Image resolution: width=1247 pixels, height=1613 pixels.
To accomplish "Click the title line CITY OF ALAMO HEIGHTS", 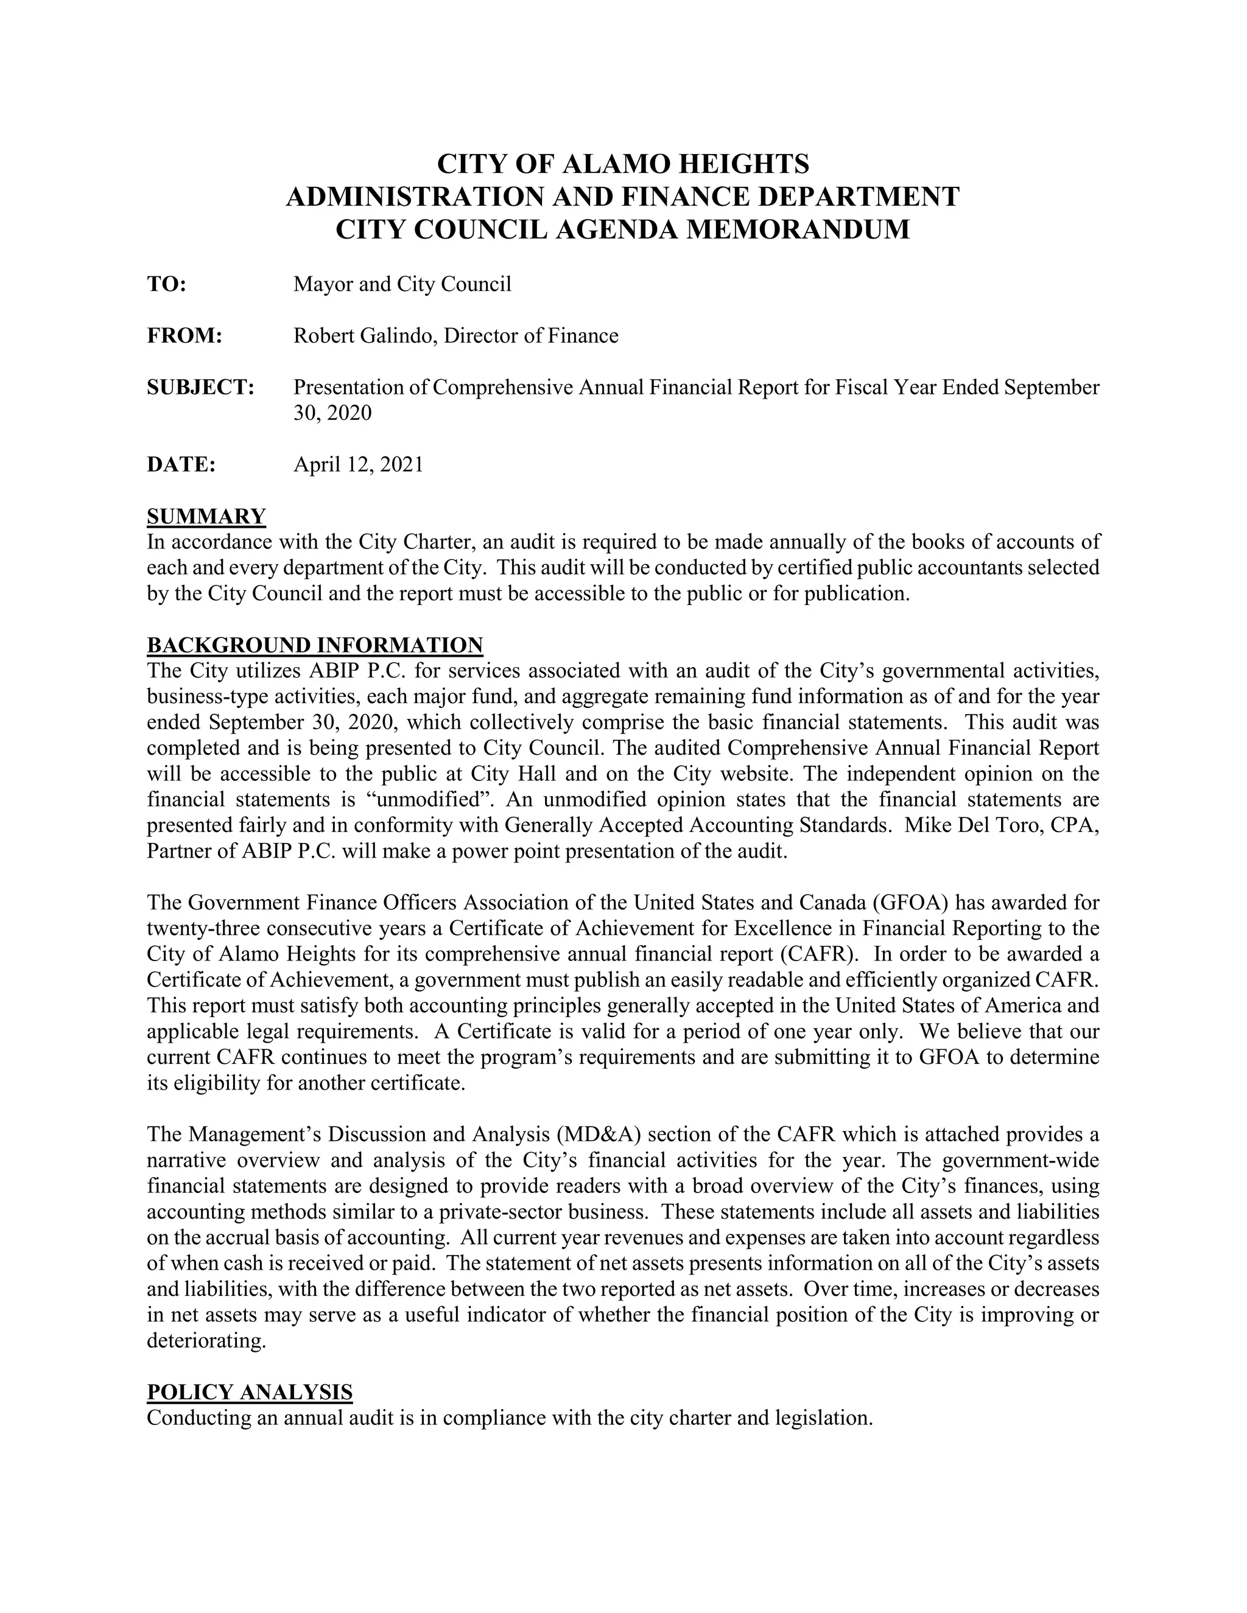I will pyautogui.click(x=623, y=163).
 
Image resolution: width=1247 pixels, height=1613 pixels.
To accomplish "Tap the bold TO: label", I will pyautogui.click(x=166, y=284).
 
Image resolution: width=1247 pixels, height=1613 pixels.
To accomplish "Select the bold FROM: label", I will pyautogui.click(x=184, y=336).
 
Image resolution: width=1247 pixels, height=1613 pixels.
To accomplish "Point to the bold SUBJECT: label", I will pyautogui.click(x=201, y=388).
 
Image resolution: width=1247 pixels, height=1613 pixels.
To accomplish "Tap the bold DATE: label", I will pyautogui.click(x=181, y=464).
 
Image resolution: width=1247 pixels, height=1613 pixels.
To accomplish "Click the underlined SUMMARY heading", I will pyautogui.click(x=206, y=516).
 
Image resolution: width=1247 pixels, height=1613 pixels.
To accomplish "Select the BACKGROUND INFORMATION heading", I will pyautogui.click(x=315, y=645).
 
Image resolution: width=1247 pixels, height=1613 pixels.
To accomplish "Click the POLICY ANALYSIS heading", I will pyautogui.click(x=250, y=1392).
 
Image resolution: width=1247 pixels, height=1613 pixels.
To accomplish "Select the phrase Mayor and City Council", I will pyautogui.click(x=402, y=284).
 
